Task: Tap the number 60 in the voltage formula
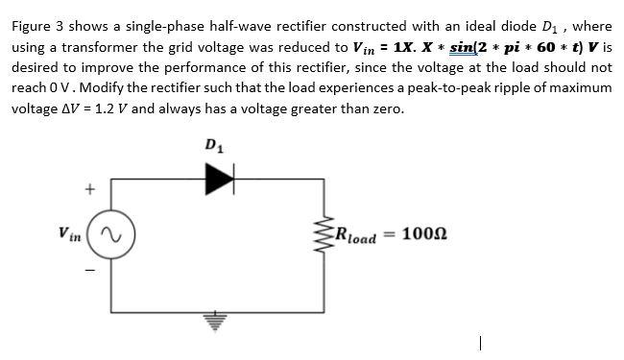pos(546,48)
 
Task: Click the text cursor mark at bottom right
pos(477,343)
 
